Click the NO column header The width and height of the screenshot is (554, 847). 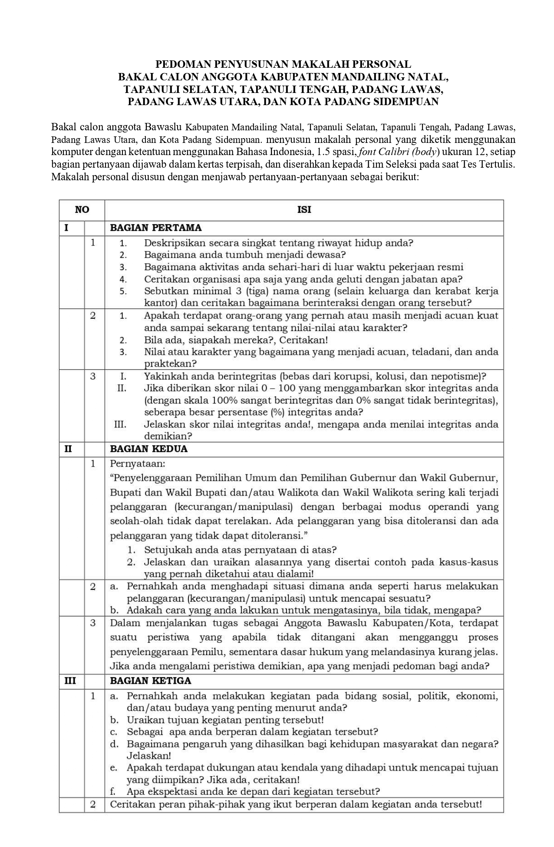(x=82, y=210)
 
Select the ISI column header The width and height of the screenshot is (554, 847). (x=304, y=210)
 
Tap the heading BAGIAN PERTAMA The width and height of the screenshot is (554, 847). (x=156, y=228)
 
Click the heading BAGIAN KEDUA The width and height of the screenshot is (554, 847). (x=149, y=449)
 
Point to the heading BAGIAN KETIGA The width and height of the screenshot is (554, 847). (x=151, y=681)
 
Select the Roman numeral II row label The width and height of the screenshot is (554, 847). (x=68, y=449)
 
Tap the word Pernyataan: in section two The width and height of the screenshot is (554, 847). (x=138, y=464)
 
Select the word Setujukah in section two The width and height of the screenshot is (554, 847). (x=166, y=550)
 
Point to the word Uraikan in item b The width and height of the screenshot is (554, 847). (x=143, y=720)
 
